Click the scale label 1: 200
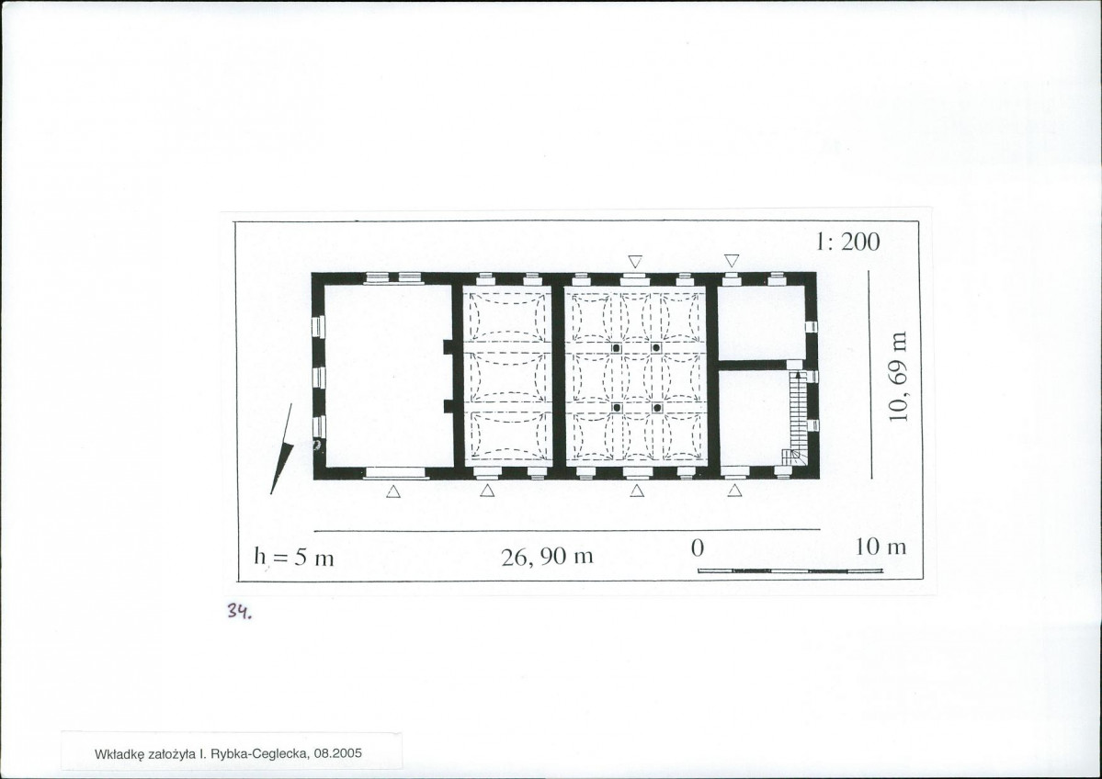(x=846, y=242)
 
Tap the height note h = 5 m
(x=293, y=557)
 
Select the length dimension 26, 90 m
(x=547, y=557)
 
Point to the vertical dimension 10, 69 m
(x=900, y=376)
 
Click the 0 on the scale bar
(x=698, y=548)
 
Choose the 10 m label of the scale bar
(x=880, y=547)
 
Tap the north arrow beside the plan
(x=281, y=449)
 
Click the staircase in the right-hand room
(x=797, y=419)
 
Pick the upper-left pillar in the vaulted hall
(x=617, y=348)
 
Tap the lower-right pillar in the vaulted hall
(x=657, y=407)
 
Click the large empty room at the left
(x=387, y=376)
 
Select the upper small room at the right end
(x=759, y=323)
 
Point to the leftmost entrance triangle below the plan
(x=392, y=491)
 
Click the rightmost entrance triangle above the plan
(x=732, y=261)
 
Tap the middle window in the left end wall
(x=318, y=378)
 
